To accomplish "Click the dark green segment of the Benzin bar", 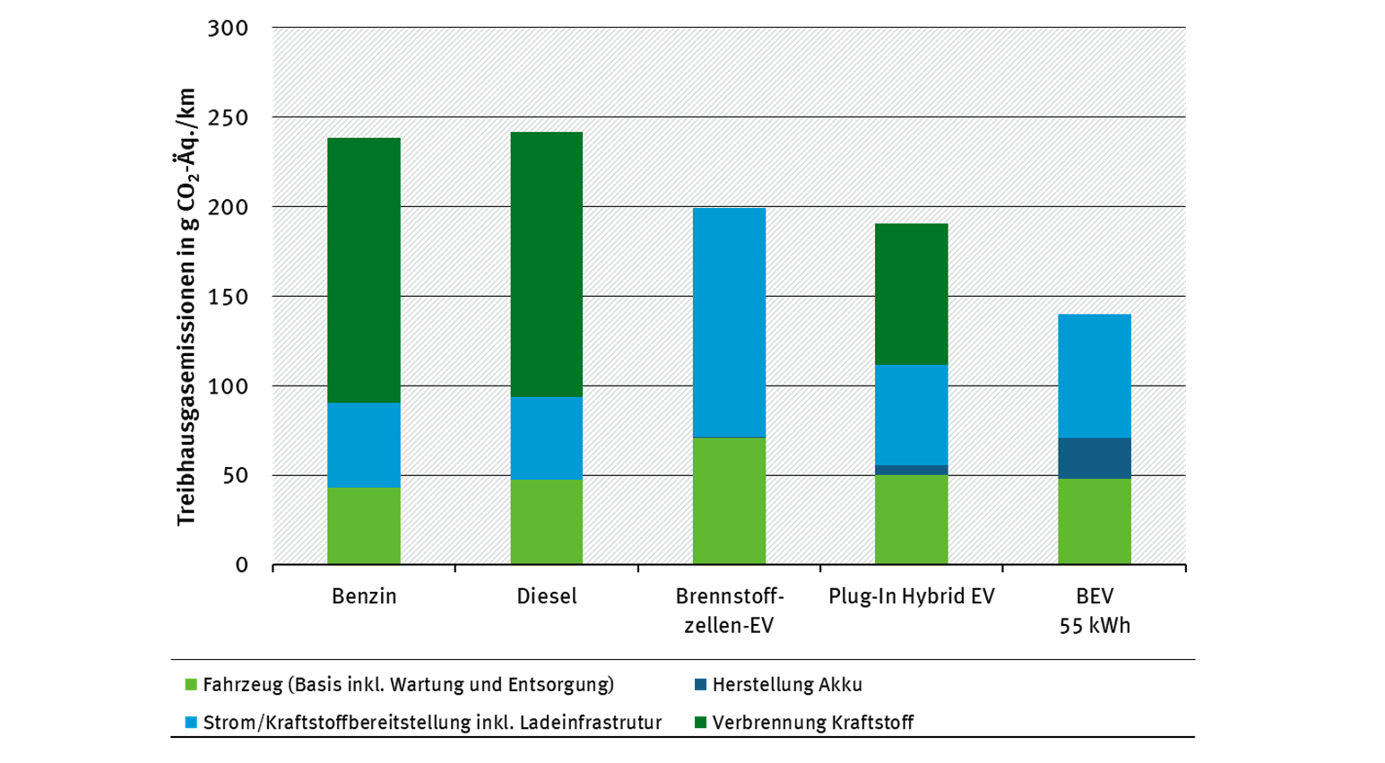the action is [364, 270].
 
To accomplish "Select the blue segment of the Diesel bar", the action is [547, 438].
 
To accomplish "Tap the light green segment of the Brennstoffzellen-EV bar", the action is [729, 501].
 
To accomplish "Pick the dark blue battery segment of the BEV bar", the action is [1095, 458].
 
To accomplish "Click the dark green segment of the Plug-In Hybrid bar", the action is [912, 294].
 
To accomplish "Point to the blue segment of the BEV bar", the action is [1095, 376].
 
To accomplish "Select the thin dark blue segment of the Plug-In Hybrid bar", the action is [912, 470].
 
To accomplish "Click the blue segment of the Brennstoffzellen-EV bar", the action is [729, 323].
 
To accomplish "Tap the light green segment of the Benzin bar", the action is [364, 526].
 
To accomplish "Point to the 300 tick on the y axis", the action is [228, 28].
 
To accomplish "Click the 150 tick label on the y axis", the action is [228, 297].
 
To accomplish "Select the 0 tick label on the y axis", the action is [241, 565].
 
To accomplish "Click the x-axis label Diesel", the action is [547, 596].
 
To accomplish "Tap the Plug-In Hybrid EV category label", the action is [912, 596].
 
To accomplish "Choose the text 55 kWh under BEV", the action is [1095, 626].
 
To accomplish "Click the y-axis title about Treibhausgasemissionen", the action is [186, 308].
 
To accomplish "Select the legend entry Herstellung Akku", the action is [778, 684].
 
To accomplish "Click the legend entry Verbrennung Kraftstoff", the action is [804, 722].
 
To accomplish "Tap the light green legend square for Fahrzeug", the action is [191, 684].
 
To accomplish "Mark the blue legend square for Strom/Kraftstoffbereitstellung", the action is [191, 722].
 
